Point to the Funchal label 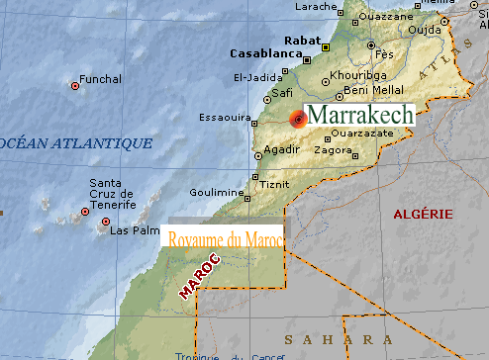click(x=102, y=79)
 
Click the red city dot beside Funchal click(x=75, y=86)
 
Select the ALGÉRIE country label click(x=423, y=214)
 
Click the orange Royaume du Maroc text click(x=227, y=239)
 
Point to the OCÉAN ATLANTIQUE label click(x=79, y=143)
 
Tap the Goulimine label click(x=216, y=192)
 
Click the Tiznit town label click(x=275, y=184)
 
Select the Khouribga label click(x=351, y=74)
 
